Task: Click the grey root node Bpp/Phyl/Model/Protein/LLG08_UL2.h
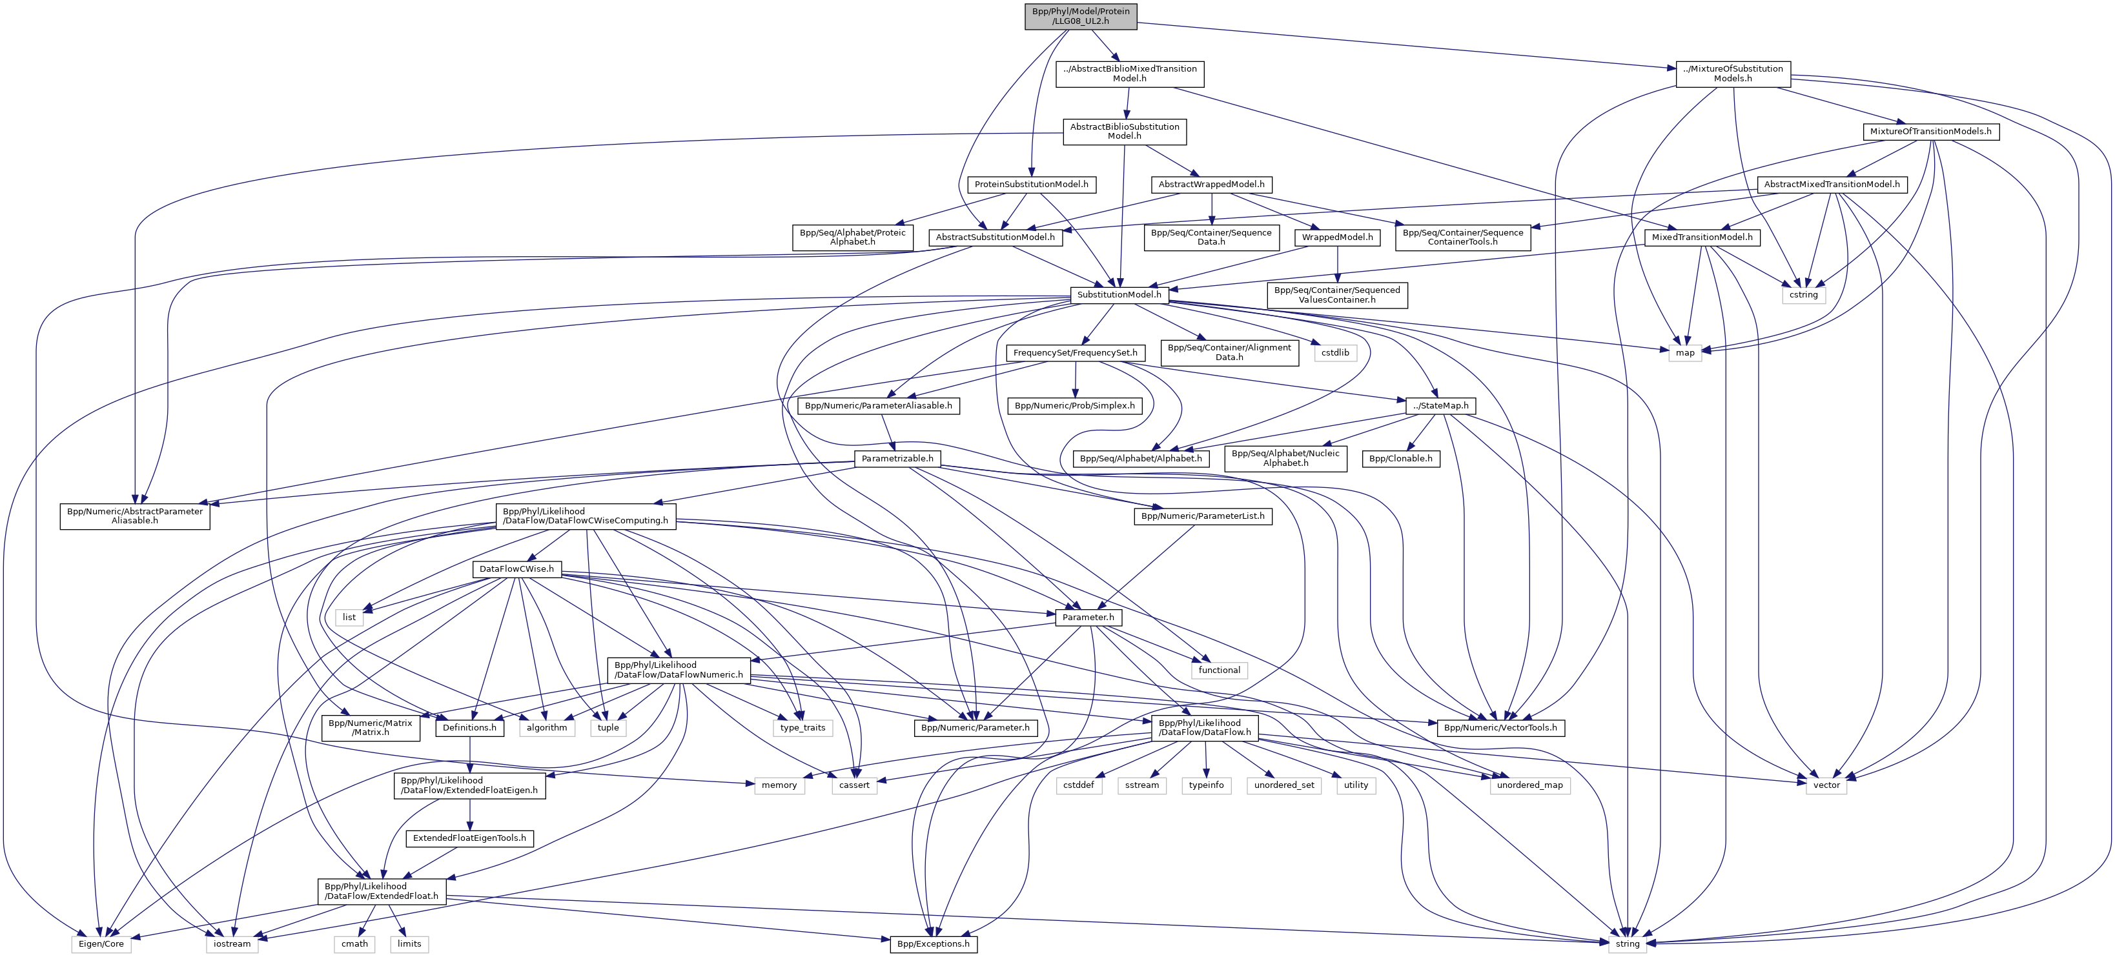point(1081,15)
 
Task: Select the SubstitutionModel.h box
point(1118,295)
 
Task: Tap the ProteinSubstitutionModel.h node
point(1031,185)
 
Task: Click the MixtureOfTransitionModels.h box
point(1930,131)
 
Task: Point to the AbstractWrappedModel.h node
point(1211,185)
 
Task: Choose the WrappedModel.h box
point(1338,237)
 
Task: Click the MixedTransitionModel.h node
point(1701,237)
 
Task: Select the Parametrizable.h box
point(897,459)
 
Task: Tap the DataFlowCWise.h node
point(516,569)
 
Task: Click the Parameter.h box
point(1088,617)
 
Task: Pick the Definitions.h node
point(469,727)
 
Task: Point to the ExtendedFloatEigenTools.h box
point(469,838)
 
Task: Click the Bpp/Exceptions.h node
point(934,944)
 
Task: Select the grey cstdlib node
point(1335,353)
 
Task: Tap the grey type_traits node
point(803,727)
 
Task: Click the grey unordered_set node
point(1284,785)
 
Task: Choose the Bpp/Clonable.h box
point(1401,459)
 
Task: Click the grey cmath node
point(354,944)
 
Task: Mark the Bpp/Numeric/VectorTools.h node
point(1500,727)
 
